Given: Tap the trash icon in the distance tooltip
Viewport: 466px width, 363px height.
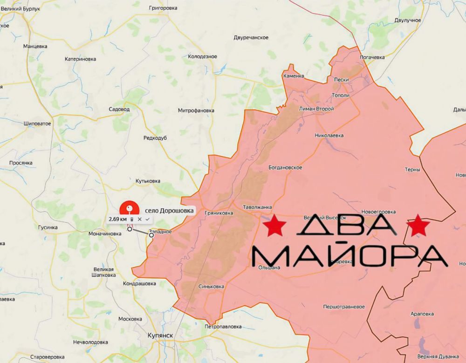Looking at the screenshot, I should click(132, 219).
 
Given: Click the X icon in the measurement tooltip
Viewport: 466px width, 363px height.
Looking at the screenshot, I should click(140, 219).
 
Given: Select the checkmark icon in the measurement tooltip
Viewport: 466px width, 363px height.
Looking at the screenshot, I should click(147, 219).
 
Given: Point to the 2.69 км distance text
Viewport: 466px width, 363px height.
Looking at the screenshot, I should click(117, 219).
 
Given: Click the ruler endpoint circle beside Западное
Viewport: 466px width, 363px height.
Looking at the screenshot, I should click(151, 235).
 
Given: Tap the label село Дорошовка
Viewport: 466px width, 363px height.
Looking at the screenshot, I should click(169, 211).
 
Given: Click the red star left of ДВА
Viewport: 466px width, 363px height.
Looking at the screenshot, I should click(274, 226).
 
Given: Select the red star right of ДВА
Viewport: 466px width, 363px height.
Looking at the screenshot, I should click(418, 226).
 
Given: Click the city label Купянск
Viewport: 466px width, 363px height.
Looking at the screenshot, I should click(161, 335).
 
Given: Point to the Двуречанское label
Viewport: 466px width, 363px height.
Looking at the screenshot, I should click(251, 37).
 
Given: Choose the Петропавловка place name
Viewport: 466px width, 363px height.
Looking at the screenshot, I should click(223, 327).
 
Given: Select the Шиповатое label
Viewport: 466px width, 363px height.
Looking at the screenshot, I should click(37, 124).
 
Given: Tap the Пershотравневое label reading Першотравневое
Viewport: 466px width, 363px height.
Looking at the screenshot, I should click(344, 307).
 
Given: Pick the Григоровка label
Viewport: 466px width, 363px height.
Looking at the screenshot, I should click(163, 8).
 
